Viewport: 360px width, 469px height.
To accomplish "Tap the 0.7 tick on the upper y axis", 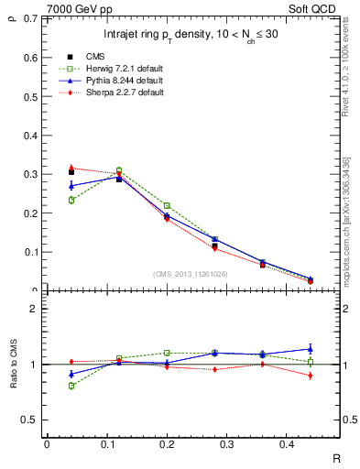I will (32, 19).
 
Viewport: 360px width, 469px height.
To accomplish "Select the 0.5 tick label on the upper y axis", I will (32, 96).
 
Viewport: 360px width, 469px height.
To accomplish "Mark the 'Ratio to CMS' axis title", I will (16, 365).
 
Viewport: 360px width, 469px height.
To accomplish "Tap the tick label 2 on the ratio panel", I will (34, 309).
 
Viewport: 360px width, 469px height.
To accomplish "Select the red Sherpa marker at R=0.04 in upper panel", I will (71, 169).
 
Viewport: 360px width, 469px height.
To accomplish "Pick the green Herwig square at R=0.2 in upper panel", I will (167, 206).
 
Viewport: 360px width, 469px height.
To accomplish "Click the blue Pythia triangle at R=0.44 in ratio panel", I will (311, 349).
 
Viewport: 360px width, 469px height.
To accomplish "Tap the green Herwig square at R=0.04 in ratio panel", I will (71, 386).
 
